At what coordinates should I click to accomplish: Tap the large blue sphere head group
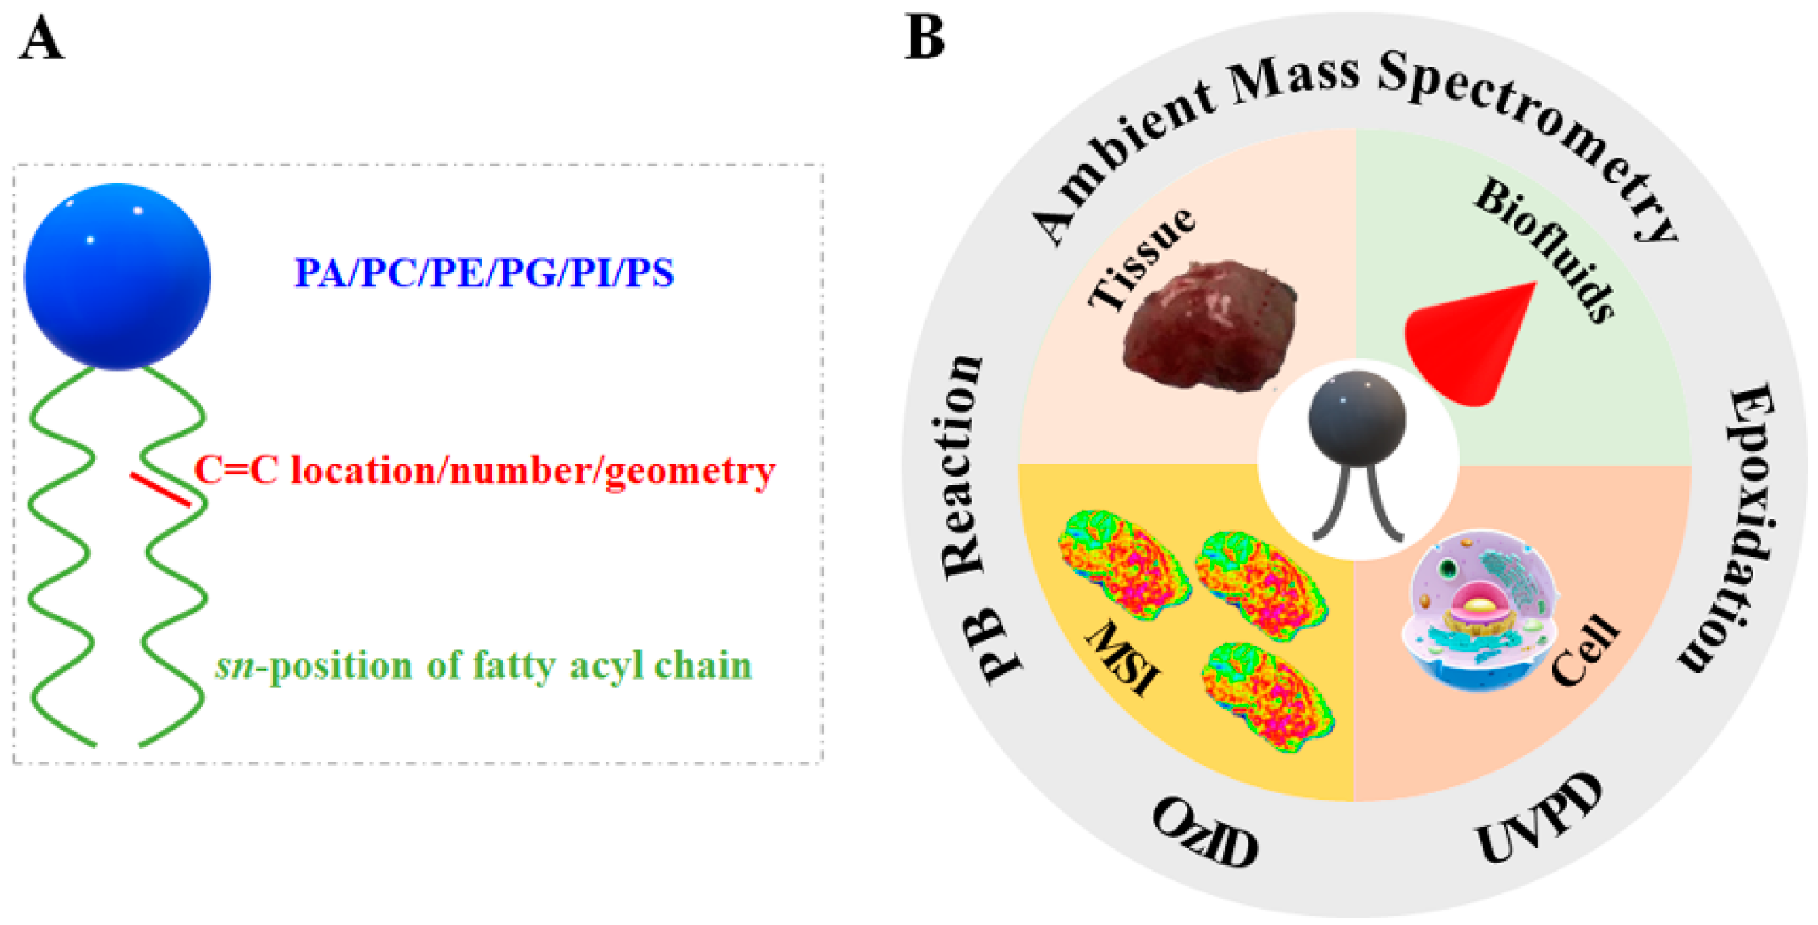tap(118, 276)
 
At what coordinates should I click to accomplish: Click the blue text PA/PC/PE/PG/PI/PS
tap(484, 272)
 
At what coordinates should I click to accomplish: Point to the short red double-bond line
tap(160, 490)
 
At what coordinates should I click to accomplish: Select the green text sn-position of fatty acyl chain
tap(484, 666)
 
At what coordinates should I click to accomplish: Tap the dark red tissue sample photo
tap(1209, 325)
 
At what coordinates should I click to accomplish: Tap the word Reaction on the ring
tap(962, 464)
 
